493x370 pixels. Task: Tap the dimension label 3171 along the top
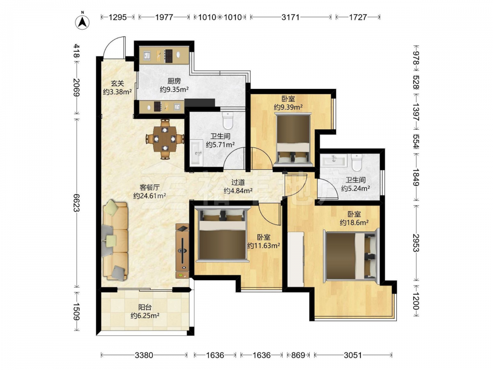[290, 17]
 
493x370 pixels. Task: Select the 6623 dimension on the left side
[76, 203]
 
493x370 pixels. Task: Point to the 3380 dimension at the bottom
[143, 355]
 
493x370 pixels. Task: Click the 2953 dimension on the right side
[416, 243]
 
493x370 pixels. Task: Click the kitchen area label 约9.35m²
[174, 89]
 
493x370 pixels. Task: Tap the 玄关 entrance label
[117, 83]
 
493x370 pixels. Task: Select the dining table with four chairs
[165, 139]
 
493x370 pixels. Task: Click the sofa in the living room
[115, 240]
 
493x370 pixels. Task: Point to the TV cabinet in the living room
[182, 251]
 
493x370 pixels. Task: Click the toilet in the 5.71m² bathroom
[227, 120]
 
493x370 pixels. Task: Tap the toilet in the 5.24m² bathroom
[357, 162]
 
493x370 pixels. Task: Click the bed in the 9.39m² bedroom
[293, 140]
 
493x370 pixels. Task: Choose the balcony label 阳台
[145, 307]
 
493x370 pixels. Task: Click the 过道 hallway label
[238, 182]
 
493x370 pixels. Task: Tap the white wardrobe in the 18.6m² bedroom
[296, 259]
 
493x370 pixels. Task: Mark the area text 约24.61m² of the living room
[150, 196]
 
